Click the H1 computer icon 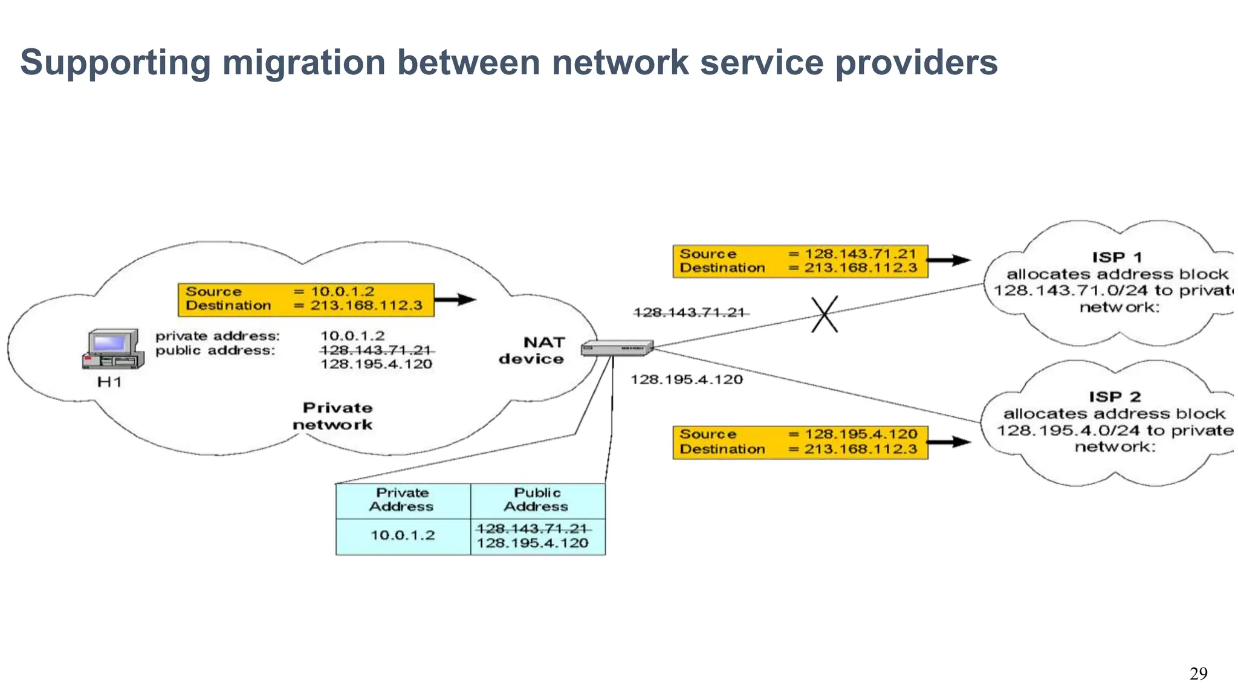[x=113, y=349]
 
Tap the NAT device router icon [x=617, y=348]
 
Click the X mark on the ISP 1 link [x=825, y=314]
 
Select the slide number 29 [x=1198, y=674]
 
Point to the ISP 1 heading [x=1116, y=257]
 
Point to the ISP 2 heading [x=1115, y=397]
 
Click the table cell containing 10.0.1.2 [x=403, y=535]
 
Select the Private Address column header [x=402, y=500]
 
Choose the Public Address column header [x=537, y=500]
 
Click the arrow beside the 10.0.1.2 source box [x=456, y=299]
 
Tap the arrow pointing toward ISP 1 [x=948, y=260]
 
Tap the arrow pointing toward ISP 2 [x=948, y=442]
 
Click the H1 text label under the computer [x=109, y=382]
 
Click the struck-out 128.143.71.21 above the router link [x=689, y=312]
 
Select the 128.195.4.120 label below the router [x=687, y=379]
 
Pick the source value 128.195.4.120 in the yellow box [x=861, y=434]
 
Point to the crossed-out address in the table [x=532, y=529]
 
